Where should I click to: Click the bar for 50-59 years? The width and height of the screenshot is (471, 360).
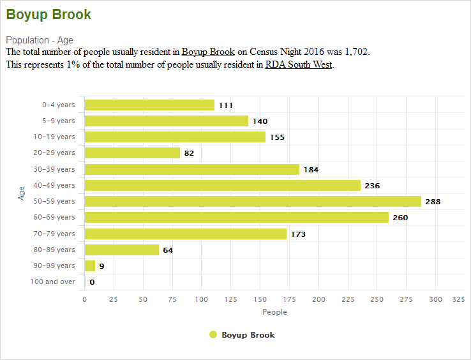253,201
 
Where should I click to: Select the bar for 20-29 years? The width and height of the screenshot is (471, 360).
132,153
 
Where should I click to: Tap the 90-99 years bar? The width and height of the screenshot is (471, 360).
90,266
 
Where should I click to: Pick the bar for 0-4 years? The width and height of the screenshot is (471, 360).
149,105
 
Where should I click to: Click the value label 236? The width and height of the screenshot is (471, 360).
372,186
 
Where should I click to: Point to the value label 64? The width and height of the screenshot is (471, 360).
168,250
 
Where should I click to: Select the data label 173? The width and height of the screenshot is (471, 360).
298,234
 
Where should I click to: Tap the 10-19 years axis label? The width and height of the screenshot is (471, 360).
58,137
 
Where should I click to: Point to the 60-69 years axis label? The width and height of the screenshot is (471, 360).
58,217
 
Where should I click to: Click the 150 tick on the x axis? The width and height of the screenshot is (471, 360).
260,299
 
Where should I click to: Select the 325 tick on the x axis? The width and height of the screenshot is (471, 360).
458,299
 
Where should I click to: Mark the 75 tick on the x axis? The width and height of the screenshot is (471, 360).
172,299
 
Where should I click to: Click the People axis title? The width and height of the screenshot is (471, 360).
274,312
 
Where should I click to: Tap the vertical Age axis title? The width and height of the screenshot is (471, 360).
21,193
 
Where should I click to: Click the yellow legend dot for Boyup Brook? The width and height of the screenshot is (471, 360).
213,334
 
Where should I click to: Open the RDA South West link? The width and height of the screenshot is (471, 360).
298,64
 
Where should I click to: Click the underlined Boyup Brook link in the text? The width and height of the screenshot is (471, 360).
208,52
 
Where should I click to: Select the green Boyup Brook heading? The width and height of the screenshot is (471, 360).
49,14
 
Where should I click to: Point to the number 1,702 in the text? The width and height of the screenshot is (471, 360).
356,52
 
